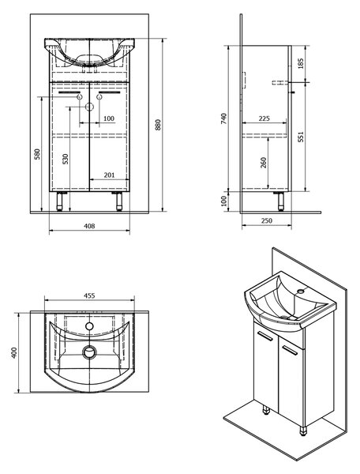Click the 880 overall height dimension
[x=158, y=125]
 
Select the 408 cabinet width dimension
[x=89, y=226]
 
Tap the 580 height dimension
[x=37, y=154]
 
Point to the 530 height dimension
[x=66, y=159]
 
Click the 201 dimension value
[x=109, y=175]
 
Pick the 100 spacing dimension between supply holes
[x=109, y=118]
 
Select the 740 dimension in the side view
[x=223, y=118]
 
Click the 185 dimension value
[x=301, y=63]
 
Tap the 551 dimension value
[x=300, y=137]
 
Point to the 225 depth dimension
[x=264, y=118]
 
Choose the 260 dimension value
[x=264, y=163]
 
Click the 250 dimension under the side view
[x=266, y=220]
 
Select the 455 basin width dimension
[x=89, y=295]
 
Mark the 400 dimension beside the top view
[x=14, y=353]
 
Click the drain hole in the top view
[x=90, y=352]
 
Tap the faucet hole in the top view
[x=89, y=325]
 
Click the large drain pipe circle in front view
[x=89, y=107]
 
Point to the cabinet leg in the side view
[x=281, y=201]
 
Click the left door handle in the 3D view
[x=264, y=337]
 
